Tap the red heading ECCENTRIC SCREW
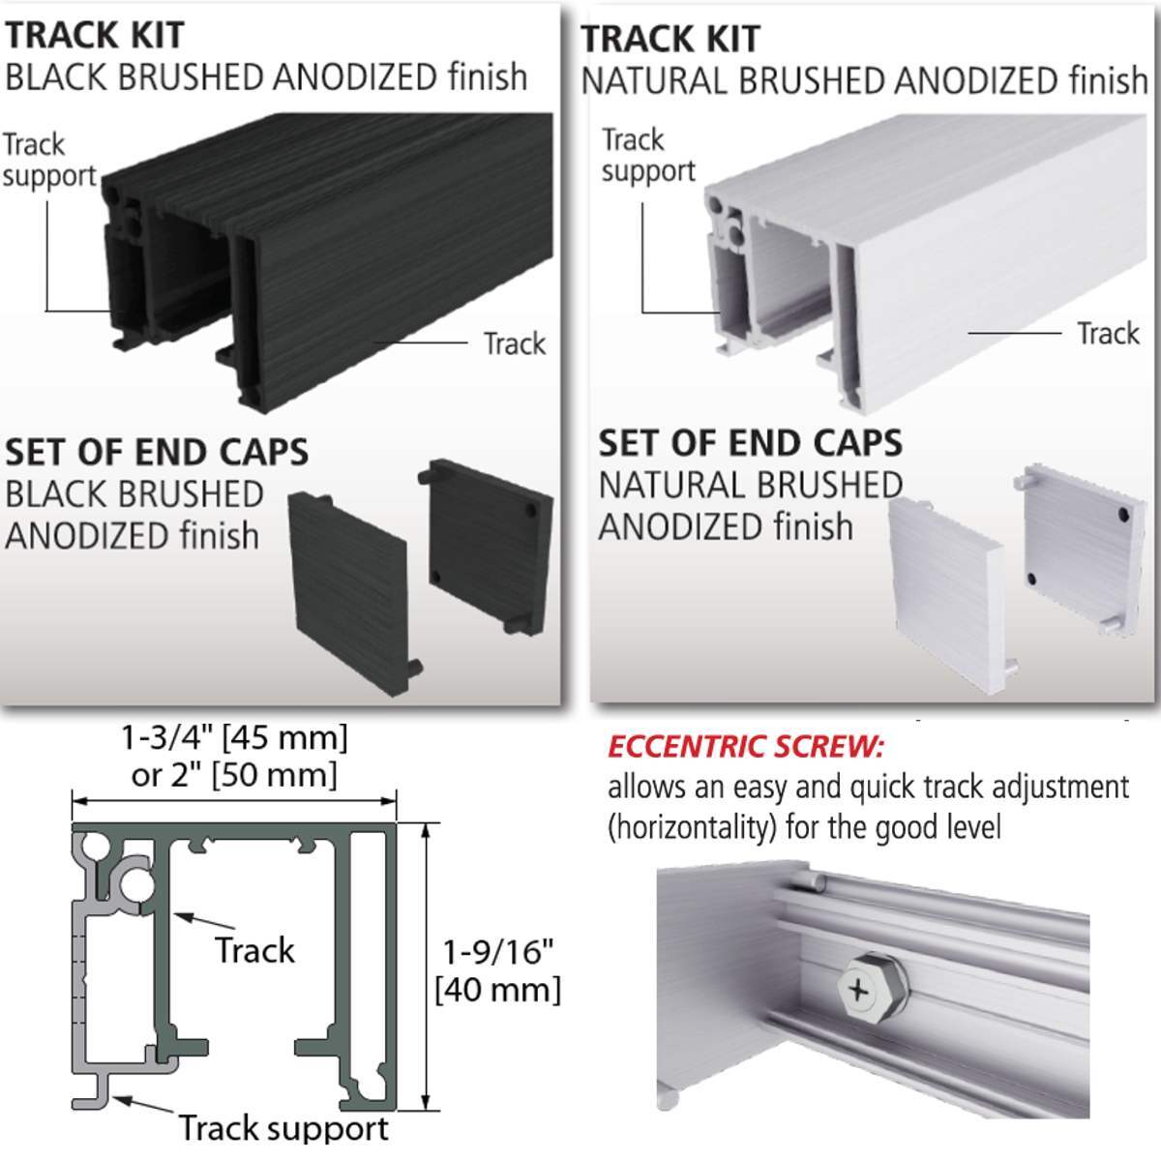pos(745,747)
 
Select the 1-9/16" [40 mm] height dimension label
pos(497,970)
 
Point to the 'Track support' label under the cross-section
pos(283,1128)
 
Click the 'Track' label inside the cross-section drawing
pos(253,950)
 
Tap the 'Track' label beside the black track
pos(514,343)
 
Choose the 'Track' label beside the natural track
pos(1108,334)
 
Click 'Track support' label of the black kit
pos(48,161)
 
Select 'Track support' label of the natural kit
pos(647,156)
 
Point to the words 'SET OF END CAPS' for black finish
pos(157,453)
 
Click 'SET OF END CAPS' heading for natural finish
pos(750,443)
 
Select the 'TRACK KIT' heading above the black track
pos(94,35)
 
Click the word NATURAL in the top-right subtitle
pos(659,80)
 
